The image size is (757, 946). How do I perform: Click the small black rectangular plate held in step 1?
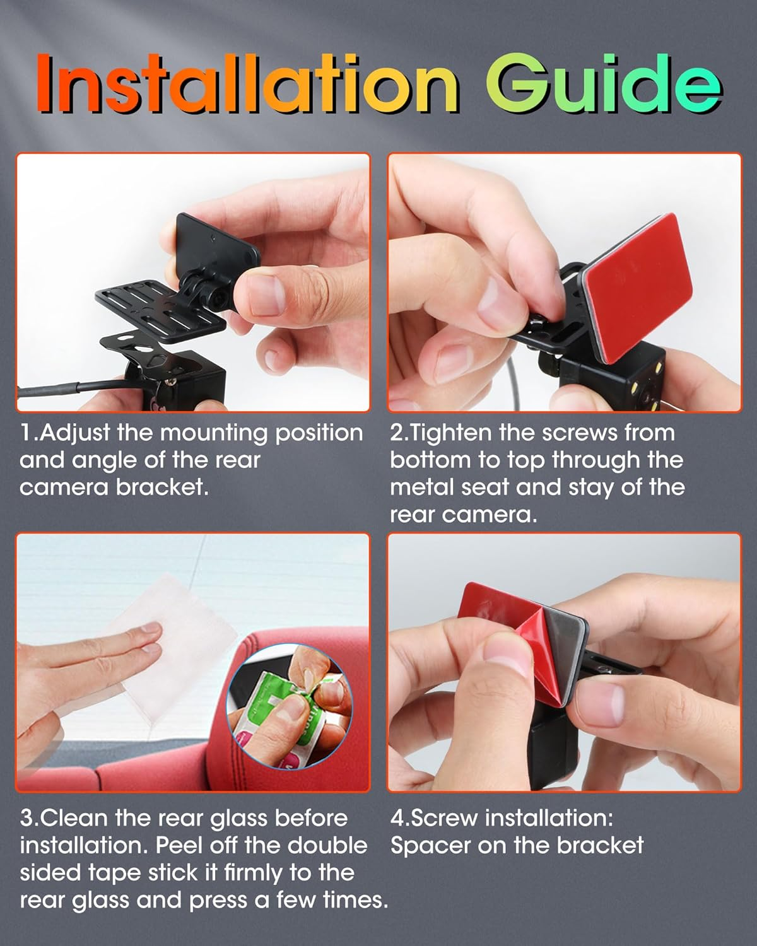(216, 245)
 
